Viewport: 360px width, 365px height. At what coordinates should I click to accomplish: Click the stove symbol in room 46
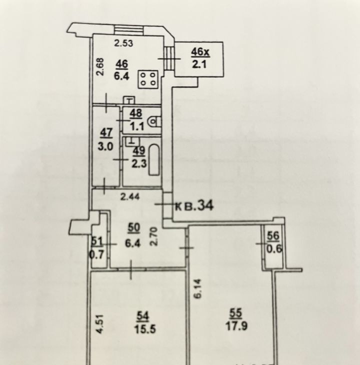tap(148, 79)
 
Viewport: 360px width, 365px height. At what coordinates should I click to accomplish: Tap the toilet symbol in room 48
tap(155, 121)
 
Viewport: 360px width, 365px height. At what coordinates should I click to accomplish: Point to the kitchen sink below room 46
tap(129, 100)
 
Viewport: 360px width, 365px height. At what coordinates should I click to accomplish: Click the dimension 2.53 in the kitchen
tap(124, 43)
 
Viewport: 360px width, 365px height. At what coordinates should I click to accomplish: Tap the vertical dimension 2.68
tap(100, 66)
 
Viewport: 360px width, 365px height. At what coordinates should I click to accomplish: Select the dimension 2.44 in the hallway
tap(130, 197)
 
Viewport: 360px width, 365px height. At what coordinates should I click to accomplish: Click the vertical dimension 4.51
tap(100, 324)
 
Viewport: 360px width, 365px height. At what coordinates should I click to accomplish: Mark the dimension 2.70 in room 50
tap(154, 236)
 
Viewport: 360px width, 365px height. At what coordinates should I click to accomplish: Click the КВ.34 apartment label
tap(194, 206)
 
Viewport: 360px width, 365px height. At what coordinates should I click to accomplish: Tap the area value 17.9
tap(236, 326)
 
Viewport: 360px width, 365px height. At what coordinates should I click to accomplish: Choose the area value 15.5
tap(144, 329)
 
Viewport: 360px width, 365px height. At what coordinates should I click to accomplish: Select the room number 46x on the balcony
tap(200, 51)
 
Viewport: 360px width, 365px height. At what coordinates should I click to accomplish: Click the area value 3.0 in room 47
tap(105, 147)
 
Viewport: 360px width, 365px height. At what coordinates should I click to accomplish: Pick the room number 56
tap(272, 236)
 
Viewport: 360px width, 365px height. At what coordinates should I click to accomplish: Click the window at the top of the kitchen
tap(128, 29)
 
